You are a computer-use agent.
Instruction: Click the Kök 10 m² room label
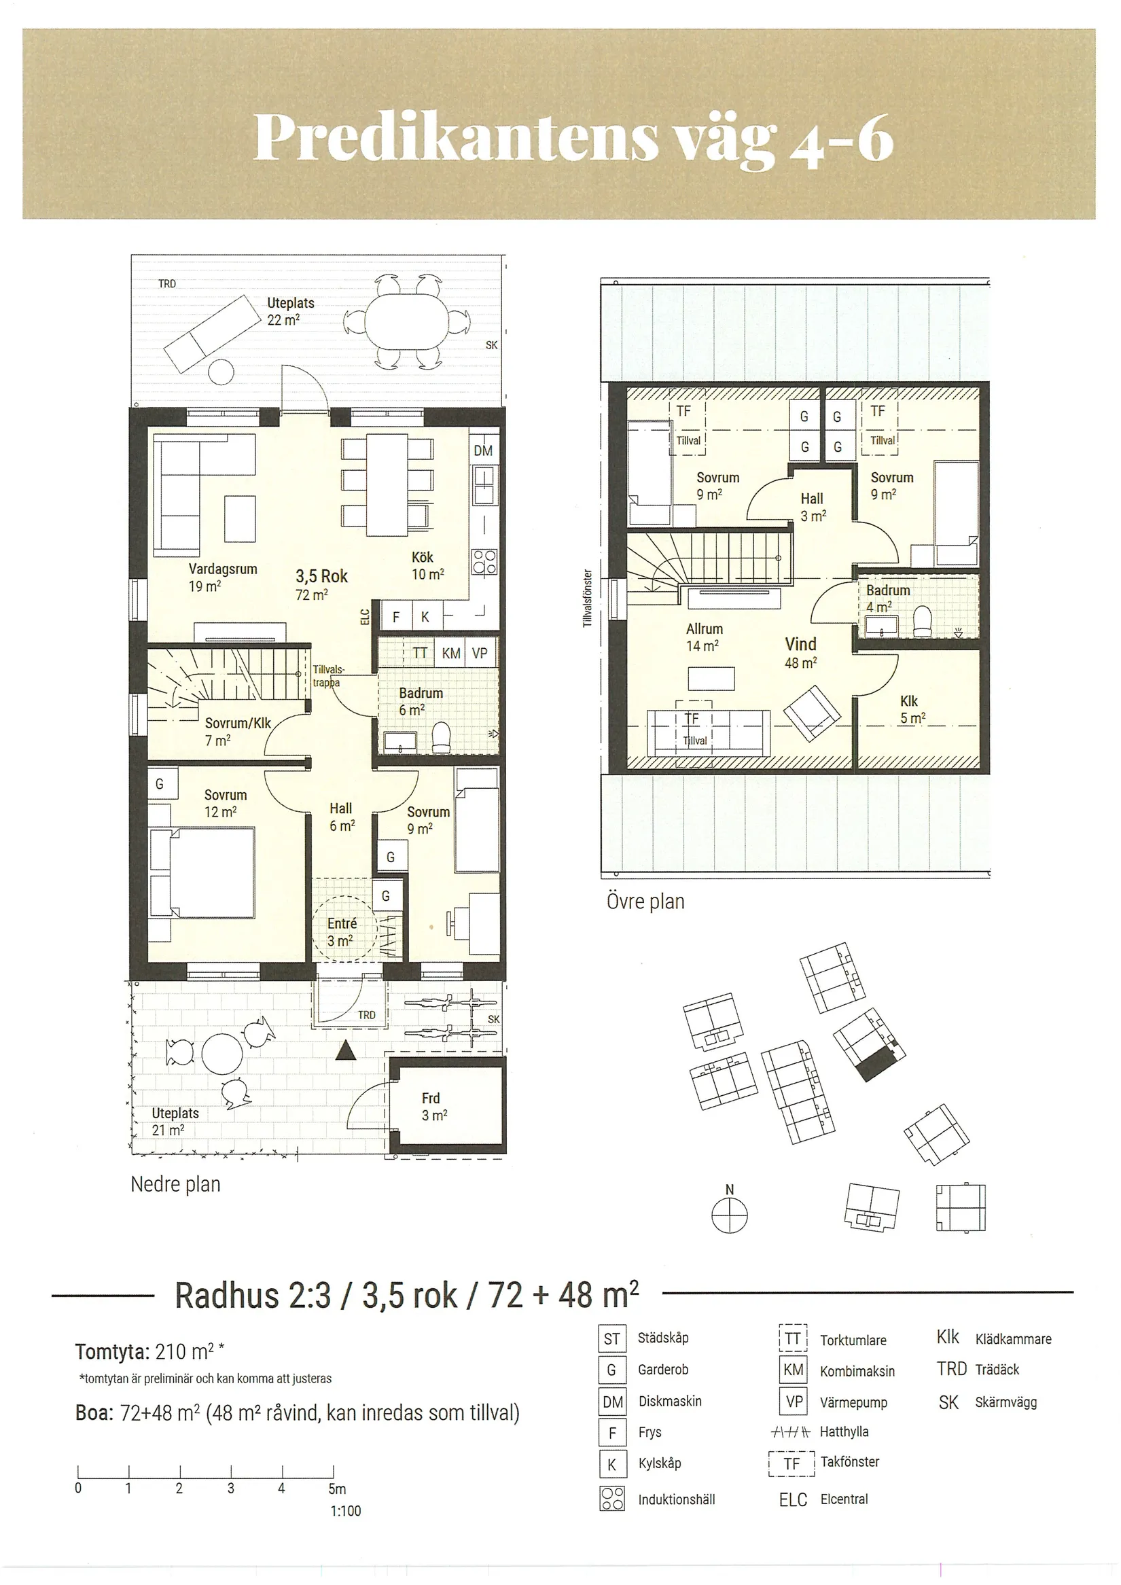(427, 565)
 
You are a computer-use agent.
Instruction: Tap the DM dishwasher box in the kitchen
(483, 450)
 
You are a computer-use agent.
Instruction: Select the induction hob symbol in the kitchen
(484, 561)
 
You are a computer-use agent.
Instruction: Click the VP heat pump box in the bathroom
(480, 653)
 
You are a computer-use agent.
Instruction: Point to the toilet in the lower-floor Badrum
(440, 738)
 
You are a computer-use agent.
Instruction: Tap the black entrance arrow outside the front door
(345, 1051)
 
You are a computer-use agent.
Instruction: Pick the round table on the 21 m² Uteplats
(221, 1052)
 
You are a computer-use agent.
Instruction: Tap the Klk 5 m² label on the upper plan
(912, 709)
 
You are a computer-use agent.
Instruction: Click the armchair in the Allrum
(813, 711)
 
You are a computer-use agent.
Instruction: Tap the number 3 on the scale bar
(230, 1488)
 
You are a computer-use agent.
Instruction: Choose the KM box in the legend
(793, 1370)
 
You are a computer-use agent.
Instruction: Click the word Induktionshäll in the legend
(677, 1499)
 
